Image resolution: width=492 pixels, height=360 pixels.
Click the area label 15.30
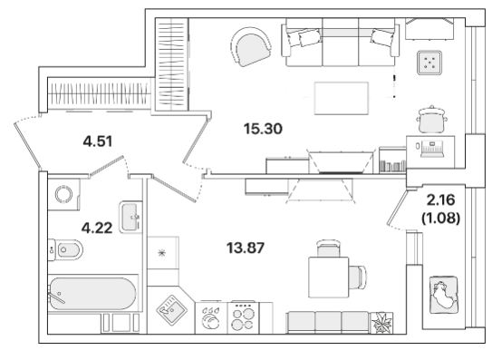pos(263,129)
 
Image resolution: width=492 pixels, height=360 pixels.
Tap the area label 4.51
pos(98,141)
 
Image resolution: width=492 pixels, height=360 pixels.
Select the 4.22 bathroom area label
pos(97,228)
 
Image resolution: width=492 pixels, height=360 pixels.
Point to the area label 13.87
pos(246,248)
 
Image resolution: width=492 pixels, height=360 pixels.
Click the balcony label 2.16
pos(441,199)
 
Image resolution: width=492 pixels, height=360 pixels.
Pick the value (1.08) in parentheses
pos(441,218)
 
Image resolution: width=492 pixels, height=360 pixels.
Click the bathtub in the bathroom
pos(93,294)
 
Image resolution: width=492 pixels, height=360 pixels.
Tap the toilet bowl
pos(66,249)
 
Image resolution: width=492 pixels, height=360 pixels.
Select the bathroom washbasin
pos(130,217)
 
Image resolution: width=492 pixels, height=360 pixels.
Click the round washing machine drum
pos(63,194)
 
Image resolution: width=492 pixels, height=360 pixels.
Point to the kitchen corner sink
pos(171,310)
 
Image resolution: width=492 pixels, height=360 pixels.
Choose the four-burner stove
pos(243,318)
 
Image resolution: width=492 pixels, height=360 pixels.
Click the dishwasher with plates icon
pos(211,318)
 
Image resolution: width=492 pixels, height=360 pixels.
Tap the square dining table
pos(329,277)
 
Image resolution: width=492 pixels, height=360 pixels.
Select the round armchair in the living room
pos(251,47)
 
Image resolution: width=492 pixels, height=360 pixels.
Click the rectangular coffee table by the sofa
pos(342,98)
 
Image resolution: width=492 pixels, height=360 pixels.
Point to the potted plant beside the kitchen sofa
pos(381,323)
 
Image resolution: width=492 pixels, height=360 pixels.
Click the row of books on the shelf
pos(392,166)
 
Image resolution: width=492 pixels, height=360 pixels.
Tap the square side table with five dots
pos(429,63)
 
